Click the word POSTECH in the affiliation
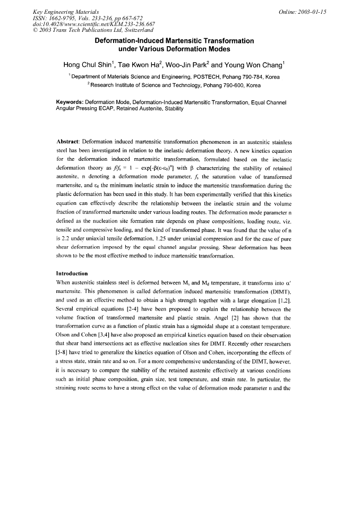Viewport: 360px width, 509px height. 202,77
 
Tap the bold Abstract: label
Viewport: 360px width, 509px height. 72,143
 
